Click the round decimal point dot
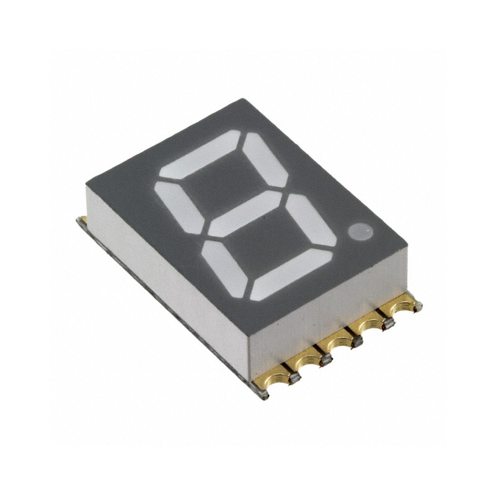click(360, 232)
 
